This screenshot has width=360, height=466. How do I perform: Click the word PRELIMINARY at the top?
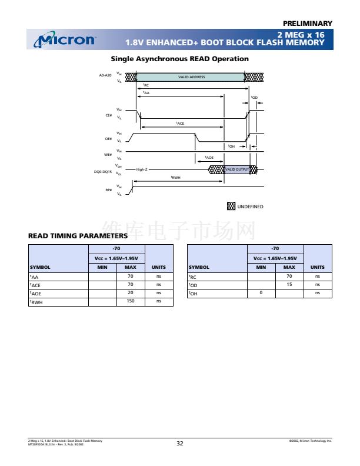pyautogui.click(x=308, y=24)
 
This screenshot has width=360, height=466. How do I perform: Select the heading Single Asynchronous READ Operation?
pyautogui.click(x=179, y=59)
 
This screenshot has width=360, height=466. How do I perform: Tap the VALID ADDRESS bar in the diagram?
pyautogui.click(x=191, y=77)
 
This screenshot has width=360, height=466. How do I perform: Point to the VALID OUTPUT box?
pyautogui.click(x=237, y=169)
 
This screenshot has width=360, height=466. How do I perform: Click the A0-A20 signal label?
pyautogui.click(x=105, y=75)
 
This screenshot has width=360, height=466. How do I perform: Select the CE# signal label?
pyautogui.click(x=108, y=115)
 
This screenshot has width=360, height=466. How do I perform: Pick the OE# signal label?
pyautogui.click(x=108, y=138)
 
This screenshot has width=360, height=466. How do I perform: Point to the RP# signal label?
pyautogui.click(x=108, y=190)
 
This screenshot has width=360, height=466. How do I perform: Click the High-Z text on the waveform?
pyautogui.click(x=142, y=169)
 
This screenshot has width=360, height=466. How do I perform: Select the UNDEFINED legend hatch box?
pyautogui.click(x=231, y=206)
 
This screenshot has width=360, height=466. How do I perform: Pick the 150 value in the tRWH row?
pyautogui.click(x=131, y=301)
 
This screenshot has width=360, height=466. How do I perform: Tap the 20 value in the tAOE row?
pyautogui.click(x=131, y=292)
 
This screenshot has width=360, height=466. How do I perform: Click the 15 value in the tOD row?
pyautogui.click(x=289, y=284)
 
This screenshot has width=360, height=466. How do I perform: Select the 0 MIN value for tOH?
pyautogui.click(x=261, y=292)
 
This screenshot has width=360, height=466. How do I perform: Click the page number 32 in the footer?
pyautogui.click(x=180, y=443)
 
